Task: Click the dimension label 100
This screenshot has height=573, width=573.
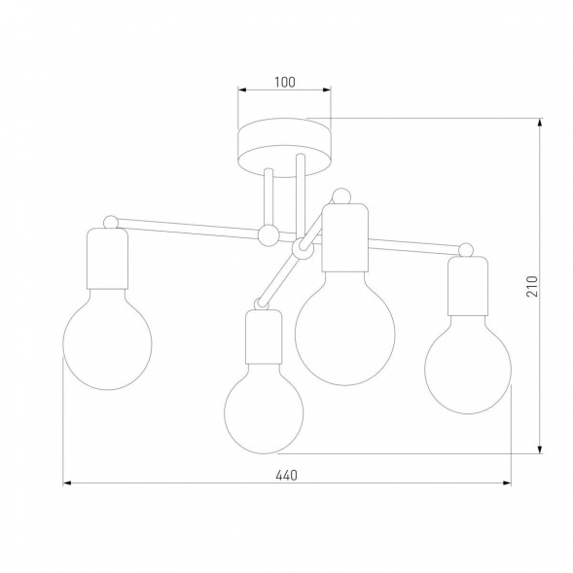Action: pyautogui.click(x=285, y=83)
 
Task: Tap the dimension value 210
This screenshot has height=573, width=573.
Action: pyautogui.click(x=532, y=286)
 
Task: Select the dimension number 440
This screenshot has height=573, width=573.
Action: pyautogui.click(x=286, y=476)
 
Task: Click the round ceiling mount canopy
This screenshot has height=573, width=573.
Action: pyautogui.click(x=285, y=148)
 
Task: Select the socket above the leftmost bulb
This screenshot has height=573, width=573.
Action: pyautogui.click(x=107, y=259)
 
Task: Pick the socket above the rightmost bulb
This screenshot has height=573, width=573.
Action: pyautogui.click(x=468, y=286)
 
